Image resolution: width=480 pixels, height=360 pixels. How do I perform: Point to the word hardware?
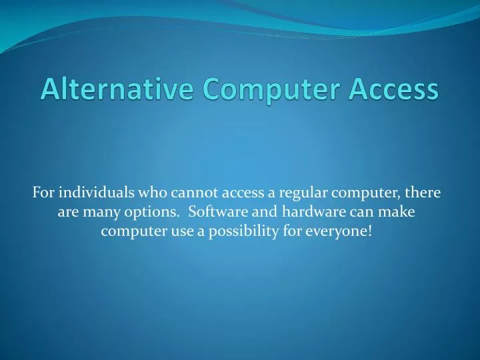click(308, 213)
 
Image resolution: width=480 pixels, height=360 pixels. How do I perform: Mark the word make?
click(398, 213)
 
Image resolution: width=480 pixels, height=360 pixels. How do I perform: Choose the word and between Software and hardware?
click(262, 213)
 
